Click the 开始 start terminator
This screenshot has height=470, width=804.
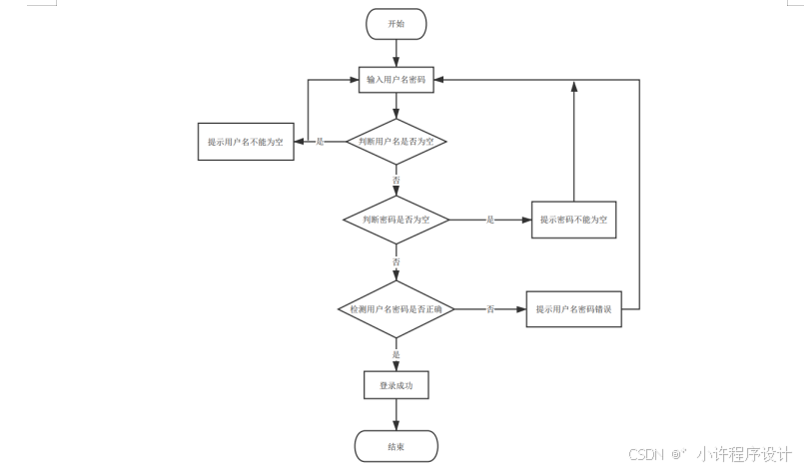coord(397,24)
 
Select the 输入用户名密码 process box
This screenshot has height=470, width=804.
coord(397,79)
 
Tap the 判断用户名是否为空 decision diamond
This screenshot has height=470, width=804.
coord(397,142)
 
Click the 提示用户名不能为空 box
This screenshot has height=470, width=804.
coord(245,142)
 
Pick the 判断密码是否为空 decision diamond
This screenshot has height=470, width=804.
coord(397,219)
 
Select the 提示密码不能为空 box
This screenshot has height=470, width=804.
coord(573,219)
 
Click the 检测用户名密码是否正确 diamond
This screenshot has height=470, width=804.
coord(397,309)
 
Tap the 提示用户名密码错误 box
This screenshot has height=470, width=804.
coord(573,309)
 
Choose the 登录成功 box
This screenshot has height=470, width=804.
coord(397,385)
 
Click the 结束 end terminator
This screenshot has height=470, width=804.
coord(397,446)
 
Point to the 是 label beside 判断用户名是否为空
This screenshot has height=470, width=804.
coord(320,142)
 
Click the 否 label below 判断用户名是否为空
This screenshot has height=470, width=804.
coord(397,180)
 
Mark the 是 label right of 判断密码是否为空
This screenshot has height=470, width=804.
coord(489,219)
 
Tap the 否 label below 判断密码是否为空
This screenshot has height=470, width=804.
coord(397,261)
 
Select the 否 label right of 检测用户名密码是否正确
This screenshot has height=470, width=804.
coord(489,309)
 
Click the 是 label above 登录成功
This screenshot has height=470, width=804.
coord(397,354)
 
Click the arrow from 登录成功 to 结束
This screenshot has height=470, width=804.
coord(397,415)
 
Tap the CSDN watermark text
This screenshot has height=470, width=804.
coord(646,454)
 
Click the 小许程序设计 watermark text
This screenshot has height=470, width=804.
coord(744,454)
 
